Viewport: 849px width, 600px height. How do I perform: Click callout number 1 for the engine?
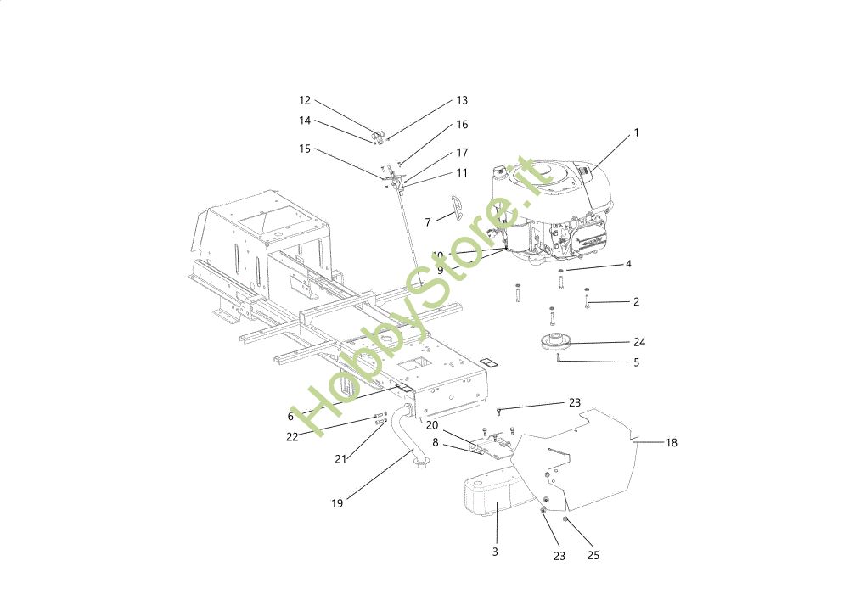coord(636,133)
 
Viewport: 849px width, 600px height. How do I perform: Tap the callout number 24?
coord(639,343)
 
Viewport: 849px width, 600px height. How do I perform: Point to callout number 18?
coord(671,443)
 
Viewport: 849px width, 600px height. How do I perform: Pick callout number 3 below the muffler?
coord(495,552)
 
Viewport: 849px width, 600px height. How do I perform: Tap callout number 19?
coord(337,503)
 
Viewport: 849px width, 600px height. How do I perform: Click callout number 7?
coord(428,222)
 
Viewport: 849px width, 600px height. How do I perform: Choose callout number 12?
coord(305,100)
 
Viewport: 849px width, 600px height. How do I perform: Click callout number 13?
coord(462,100)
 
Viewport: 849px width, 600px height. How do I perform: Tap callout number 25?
coord(593,556)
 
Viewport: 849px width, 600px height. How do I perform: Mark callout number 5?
coord(636,363)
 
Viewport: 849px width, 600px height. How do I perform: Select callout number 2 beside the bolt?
coord(636,302)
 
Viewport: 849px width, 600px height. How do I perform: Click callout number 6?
coord(290,417)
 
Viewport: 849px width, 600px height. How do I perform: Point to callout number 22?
coord(292,437)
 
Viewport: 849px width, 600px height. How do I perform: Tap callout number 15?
coord(305,149)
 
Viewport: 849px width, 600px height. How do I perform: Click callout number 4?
coord(628,264)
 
